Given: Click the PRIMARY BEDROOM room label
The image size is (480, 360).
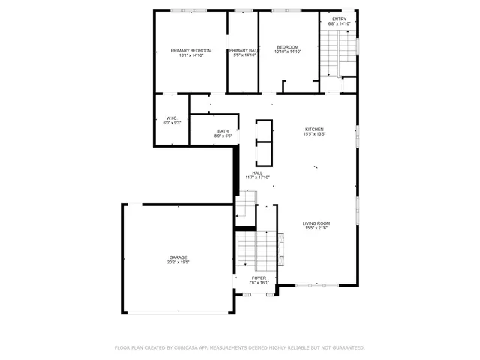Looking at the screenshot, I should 190,50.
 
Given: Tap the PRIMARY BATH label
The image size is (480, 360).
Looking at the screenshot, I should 244,50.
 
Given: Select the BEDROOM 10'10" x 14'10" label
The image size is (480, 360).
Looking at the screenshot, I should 287,46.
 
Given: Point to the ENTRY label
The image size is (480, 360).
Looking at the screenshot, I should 340,19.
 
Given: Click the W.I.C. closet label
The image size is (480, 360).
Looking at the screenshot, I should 172,118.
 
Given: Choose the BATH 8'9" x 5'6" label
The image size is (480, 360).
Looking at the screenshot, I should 223,131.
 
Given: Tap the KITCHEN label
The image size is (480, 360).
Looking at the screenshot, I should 315,128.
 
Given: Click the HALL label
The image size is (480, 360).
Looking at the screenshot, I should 257,172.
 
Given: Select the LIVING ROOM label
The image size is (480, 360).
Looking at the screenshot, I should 316,223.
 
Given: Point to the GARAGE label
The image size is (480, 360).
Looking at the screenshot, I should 178,257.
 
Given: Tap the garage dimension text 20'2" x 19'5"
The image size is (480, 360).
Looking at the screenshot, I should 178,262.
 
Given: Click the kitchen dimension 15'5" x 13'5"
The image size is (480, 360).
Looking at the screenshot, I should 315,133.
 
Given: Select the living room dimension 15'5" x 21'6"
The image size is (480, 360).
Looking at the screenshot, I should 316,229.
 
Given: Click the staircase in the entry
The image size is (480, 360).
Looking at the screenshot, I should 330,56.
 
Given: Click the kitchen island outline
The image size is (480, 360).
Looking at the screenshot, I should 263,142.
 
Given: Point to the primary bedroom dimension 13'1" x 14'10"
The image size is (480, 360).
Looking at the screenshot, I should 190,55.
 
